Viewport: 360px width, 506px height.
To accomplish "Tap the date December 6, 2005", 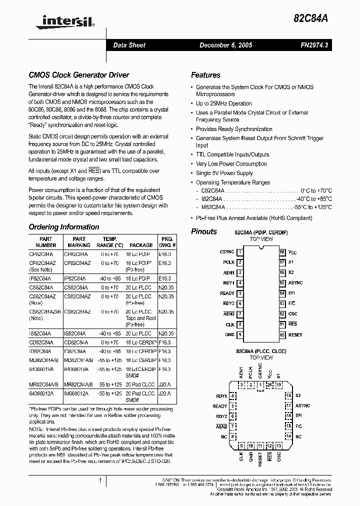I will (225, 45).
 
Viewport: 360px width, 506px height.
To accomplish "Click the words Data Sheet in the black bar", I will (129, 45).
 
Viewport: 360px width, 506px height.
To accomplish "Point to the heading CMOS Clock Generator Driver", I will (79, 75).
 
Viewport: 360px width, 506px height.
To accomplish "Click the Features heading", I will (205, 75).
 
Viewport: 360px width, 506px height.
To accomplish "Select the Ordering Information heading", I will (64, 226).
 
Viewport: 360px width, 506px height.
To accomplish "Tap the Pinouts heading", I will (204, 231).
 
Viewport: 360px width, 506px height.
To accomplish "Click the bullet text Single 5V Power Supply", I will (224, 173).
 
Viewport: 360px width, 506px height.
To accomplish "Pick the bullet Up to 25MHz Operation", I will (223, 103).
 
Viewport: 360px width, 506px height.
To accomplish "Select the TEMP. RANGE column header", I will (109, 242).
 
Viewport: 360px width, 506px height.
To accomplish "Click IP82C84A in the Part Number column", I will (43, 278).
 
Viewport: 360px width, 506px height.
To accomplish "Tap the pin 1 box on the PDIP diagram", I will (240, 252).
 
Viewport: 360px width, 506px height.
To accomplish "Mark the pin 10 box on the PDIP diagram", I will (282, 334).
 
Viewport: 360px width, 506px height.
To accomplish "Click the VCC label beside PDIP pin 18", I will (292, 252).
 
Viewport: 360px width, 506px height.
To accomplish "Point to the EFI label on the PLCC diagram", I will (298, 415).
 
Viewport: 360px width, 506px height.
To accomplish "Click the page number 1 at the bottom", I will (100, 480).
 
